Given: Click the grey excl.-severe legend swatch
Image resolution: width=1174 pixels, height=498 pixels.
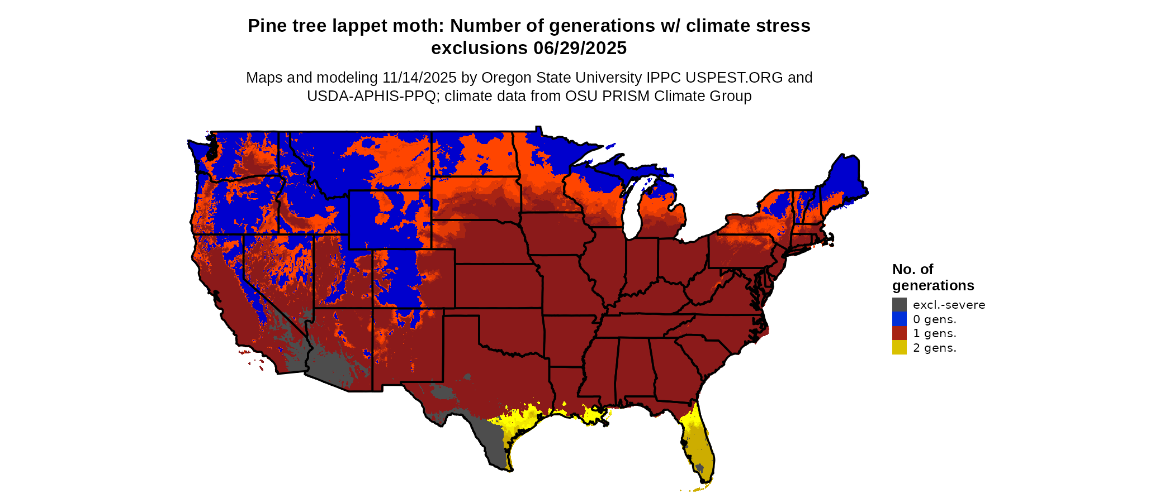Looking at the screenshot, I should (x=899, y=305).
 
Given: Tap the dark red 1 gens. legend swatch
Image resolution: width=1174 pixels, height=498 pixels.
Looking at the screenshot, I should (x=899, y=333).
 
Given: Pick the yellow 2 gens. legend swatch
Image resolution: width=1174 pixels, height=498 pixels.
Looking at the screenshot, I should (x=899, y=348).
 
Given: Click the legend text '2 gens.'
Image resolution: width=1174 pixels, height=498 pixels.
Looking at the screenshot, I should (x=934, y=348).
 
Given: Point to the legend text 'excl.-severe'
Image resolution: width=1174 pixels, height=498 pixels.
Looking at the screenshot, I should (x=949, y=305).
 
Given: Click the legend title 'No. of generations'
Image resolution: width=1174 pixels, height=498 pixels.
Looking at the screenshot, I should (x=932, y=277).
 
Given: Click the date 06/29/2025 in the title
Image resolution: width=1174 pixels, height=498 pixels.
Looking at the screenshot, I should (x=580, y=49).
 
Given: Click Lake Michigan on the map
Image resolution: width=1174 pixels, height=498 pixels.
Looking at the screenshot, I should (x=633, y=209).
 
